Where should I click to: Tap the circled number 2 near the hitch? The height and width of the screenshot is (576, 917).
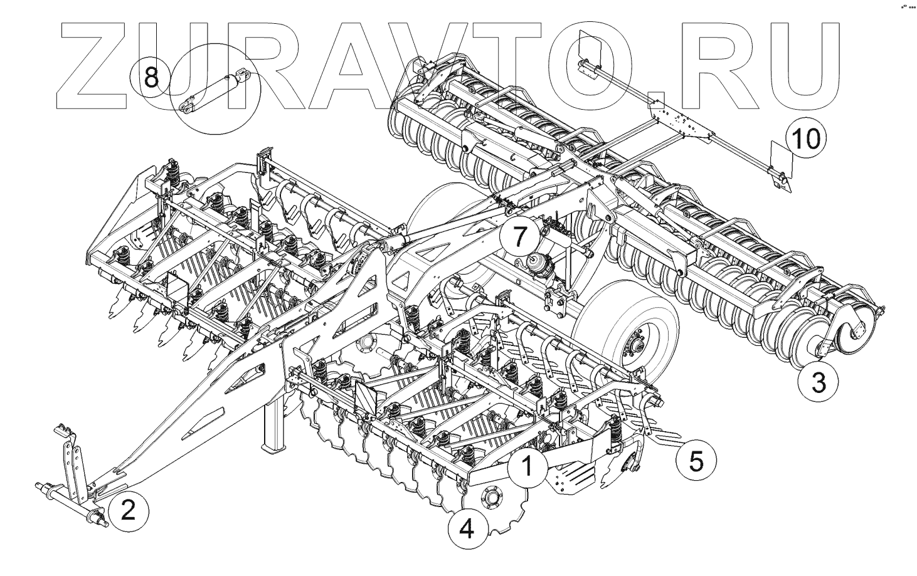click(127, 510)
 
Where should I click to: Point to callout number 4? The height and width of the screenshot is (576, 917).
click(467, 530)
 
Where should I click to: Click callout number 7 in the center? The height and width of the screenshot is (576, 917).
click(519, 238)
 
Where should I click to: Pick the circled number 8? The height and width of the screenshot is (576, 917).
click(151, 78)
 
